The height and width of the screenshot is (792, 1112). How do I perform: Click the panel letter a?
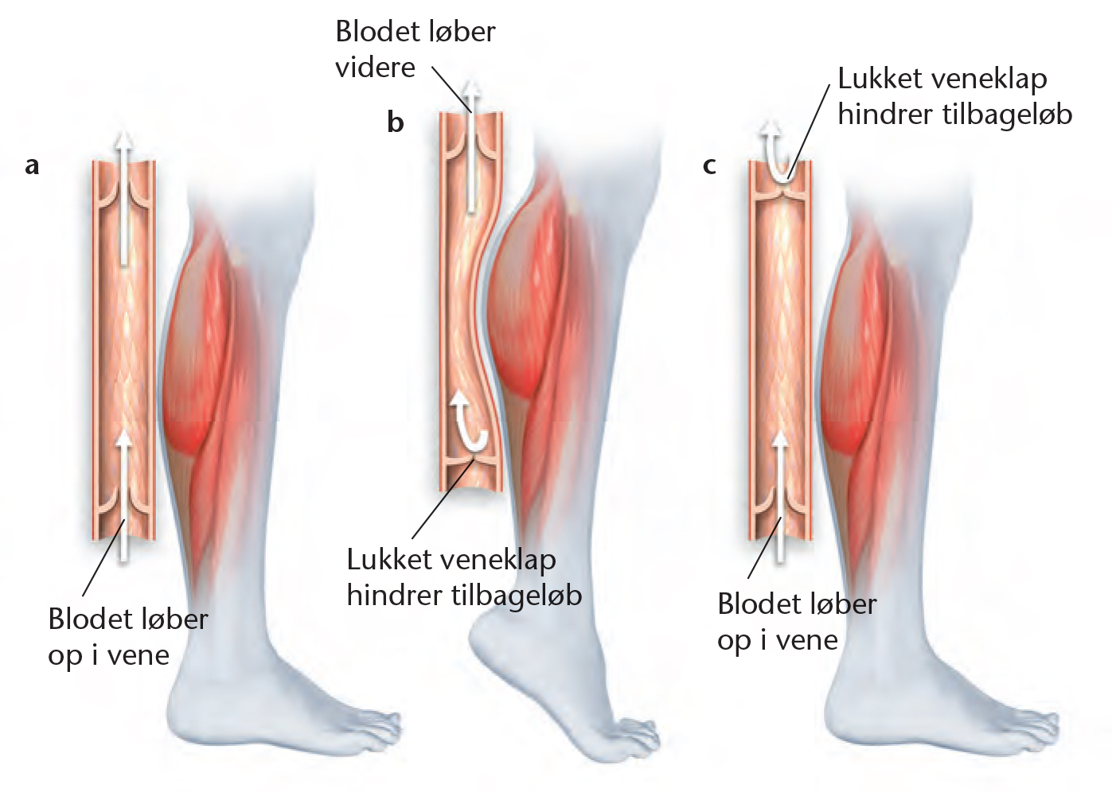[33, 166]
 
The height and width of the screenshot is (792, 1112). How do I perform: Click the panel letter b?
[396, 122]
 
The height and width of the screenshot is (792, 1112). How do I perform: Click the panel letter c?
[709, 166]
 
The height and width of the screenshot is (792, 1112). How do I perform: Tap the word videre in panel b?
[375, 68]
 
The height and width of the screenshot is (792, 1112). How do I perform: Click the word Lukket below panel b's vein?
[389, 559]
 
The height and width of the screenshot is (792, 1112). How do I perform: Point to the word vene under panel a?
[139, 656]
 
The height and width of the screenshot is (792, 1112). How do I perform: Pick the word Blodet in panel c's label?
[756, 604]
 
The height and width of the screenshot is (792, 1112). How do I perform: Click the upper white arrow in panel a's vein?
[123, 198]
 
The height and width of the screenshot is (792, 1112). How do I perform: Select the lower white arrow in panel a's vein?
[123, 496]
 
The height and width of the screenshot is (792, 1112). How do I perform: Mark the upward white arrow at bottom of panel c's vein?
[781, 496]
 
